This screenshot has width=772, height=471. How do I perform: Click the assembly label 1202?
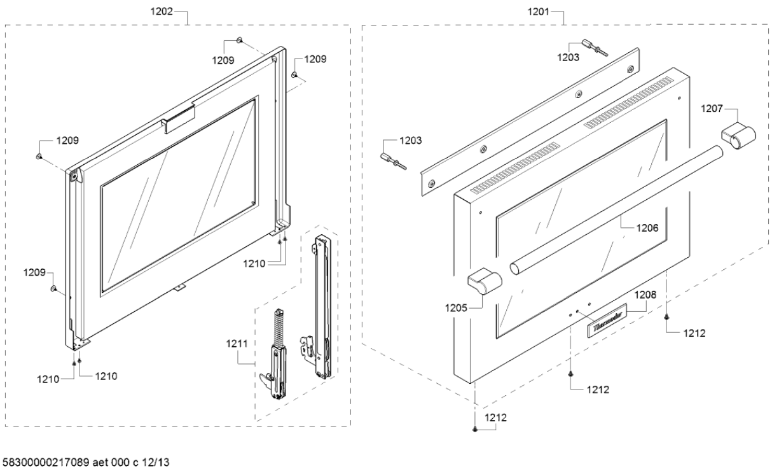[x=163, y=12]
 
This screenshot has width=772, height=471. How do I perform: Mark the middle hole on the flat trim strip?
[x=577, y=94]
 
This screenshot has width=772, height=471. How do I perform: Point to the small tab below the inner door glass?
[x=181, y=288]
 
